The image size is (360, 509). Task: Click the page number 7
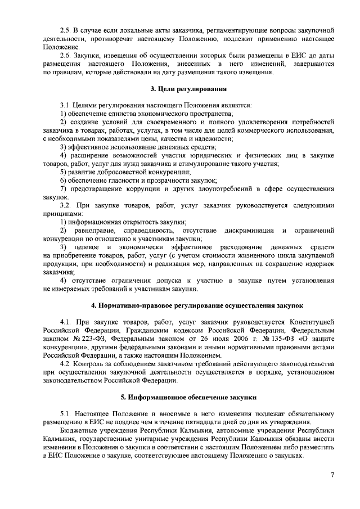(332, 476)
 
